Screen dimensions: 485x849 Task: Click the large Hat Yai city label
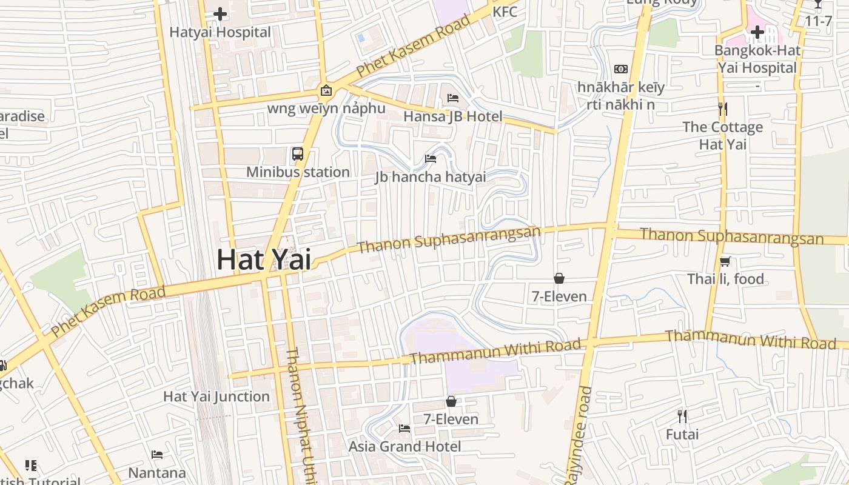click(x=264, y=259)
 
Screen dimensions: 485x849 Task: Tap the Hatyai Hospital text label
click(x=220, y=32)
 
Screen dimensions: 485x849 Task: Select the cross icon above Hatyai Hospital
click(x=220, y=13)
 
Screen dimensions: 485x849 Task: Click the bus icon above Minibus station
click(x=297, y=154)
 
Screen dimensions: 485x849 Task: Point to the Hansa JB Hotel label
click(x=453, y=116)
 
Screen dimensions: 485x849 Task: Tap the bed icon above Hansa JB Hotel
click(x=453, y=98)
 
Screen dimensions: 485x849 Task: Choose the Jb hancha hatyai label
click(x=431, y=177)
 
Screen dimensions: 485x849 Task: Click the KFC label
click(x=505, y=12)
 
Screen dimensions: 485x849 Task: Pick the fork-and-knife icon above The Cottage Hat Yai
click(x=722, y=109)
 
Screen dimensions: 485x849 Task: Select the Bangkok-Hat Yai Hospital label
click(x=757, y=59)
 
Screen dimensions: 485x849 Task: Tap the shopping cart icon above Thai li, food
click(x=725, y=261)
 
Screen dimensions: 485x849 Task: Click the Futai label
click(x=682, y=434)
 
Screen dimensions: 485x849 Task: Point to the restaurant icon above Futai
click(x=682, y=416)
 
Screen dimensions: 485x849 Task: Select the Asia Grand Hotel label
click(x=404, y=446)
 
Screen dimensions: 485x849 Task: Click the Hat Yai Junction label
click(x=216, y=396)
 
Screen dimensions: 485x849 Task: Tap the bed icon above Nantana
click(x=157, y=455)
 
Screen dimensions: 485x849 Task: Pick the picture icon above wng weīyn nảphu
click(x=326, y=91)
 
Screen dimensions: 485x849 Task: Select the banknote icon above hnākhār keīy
click(x=621, y=69)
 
